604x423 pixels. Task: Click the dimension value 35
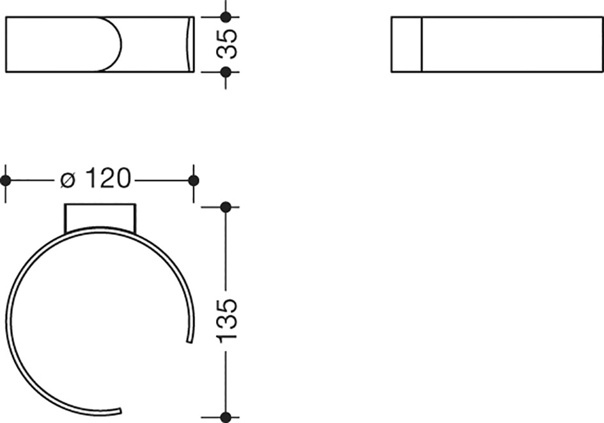pos(226,44)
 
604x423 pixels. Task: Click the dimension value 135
pos(226,320)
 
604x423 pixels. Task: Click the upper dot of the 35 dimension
pos(226,17)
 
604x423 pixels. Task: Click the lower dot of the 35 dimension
pos(226,71)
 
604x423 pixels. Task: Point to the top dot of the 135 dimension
pos(226,207)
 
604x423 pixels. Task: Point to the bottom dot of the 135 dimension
pos(226,417)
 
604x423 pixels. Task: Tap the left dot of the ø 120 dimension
pos(5,181)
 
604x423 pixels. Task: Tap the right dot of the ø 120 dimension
pos(194,181)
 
